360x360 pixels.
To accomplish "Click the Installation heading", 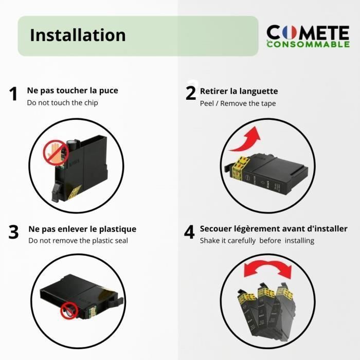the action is (x=78, y=35).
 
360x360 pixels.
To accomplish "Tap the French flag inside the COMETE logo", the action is (x=289, y=32).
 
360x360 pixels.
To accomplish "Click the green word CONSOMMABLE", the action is (x=308, y=44).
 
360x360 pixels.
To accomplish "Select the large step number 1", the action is (x=13, y=94).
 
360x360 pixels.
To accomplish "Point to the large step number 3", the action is (x=13, y=232).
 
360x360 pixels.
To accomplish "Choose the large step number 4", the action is (x=189, y=232).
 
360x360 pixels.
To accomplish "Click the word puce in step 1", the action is (x=109, y=91).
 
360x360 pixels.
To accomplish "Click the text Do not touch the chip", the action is (x=62, y=103).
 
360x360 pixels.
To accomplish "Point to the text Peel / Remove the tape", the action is (x=238, y=103).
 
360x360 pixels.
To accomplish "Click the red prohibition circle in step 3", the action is (x=69, y=311).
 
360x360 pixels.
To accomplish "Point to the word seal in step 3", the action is (x=120, y=241).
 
